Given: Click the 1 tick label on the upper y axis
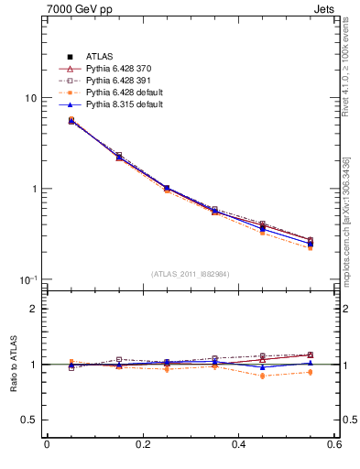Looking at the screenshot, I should point(33,189).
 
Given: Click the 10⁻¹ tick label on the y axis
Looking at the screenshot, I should point(28,278).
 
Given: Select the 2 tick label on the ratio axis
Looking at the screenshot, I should point(33,309).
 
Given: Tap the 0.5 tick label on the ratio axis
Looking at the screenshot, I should point(28,420).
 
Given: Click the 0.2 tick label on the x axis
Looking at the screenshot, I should point(142,445).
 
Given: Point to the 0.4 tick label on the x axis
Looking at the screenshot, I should point(238,445).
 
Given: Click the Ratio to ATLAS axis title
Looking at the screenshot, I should point(11,365).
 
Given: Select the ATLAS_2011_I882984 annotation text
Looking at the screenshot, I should point(191,273).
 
